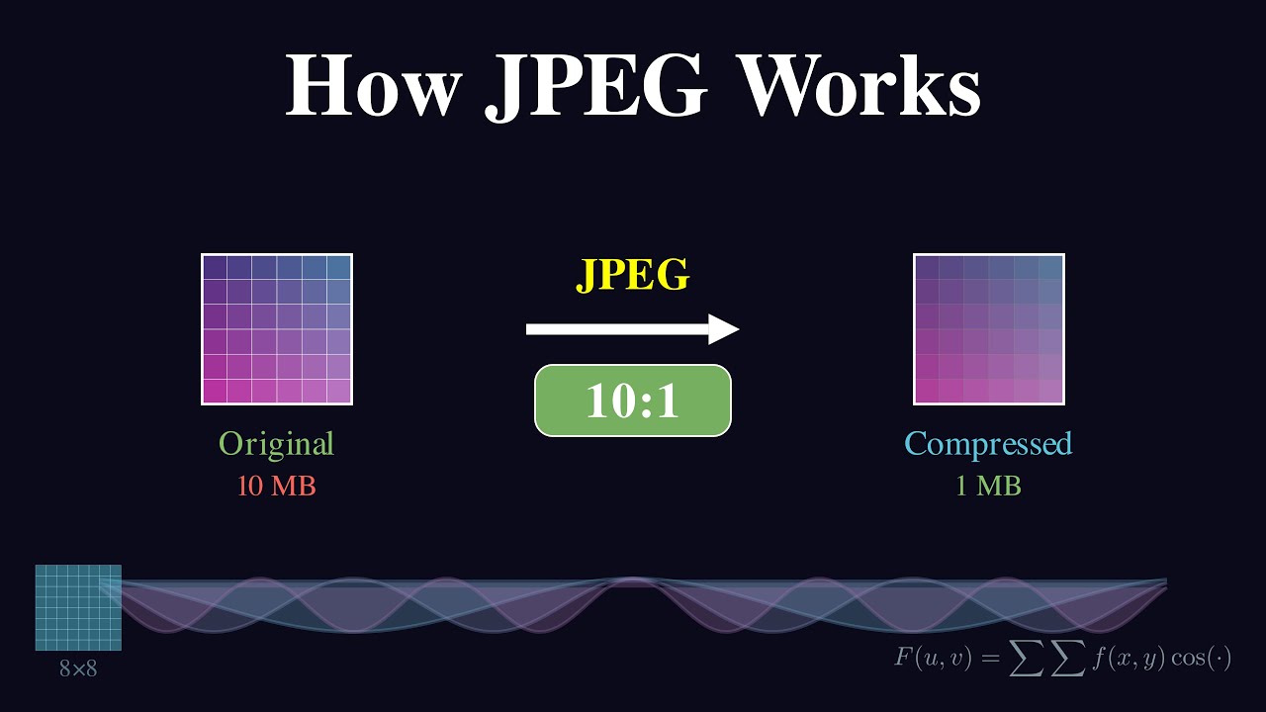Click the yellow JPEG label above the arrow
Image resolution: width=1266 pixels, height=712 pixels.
pos(633,276)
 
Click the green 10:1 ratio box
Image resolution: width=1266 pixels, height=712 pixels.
pos(633,400)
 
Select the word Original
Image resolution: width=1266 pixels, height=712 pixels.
pos(277,444)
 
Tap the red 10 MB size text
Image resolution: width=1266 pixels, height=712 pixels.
pos(277,487)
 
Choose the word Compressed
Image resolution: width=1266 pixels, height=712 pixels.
pos(988,444)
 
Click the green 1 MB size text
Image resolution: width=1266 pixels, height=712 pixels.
pos(988,487)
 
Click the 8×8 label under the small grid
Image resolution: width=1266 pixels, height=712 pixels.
pos(78,668)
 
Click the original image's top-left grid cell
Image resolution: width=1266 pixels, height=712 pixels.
pos(215,267)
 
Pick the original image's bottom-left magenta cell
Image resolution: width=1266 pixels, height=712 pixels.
pos(215,391)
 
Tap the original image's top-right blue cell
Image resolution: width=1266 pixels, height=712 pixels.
pos(339,267)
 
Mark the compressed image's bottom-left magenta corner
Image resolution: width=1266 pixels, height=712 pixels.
pos(927,391)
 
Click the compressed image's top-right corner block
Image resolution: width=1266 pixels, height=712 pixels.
pos(1050,267)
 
